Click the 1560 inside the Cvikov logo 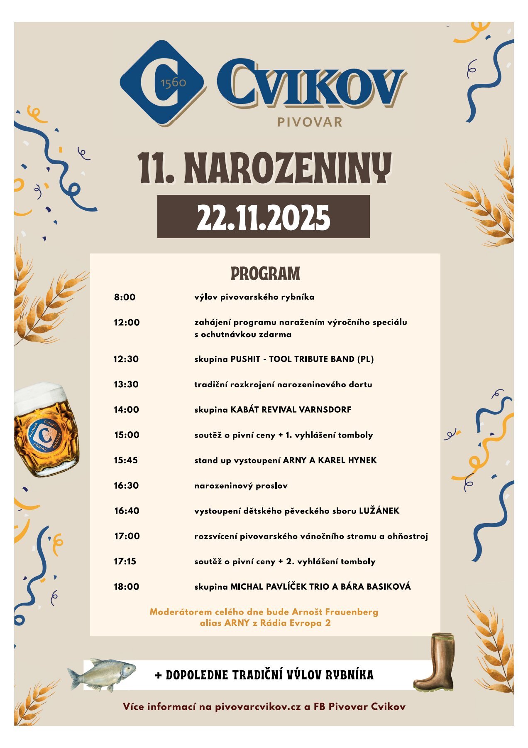[x=173, y=83]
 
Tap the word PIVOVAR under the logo [x=309, y=122]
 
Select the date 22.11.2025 [x=263, y=217]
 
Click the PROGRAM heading [x=265, y=274]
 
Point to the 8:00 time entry [x=125, y=297]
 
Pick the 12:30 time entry [x=126, y=359]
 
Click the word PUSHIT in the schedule [x=245, y=359]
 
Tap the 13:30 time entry [x=126, y=384]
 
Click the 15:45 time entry [x=126, y=460]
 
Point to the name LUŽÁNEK [x=379, y=511]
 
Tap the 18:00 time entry [x=126, y=587]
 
